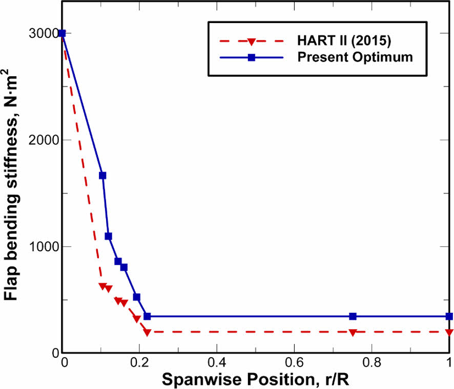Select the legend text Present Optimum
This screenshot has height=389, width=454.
point(355,57)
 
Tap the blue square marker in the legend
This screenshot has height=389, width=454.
point(251,57)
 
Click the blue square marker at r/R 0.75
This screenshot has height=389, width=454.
point(353,317)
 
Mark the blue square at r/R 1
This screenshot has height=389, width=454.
point(449,317)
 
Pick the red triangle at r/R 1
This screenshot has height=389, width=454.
point(449,333)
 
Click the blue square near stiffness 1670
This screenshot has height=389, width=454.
point(102,176)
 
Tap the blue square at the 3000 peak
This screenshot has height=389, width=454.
point(62,34)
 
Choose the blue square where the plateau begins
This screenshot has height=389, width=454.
point(147,317)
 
